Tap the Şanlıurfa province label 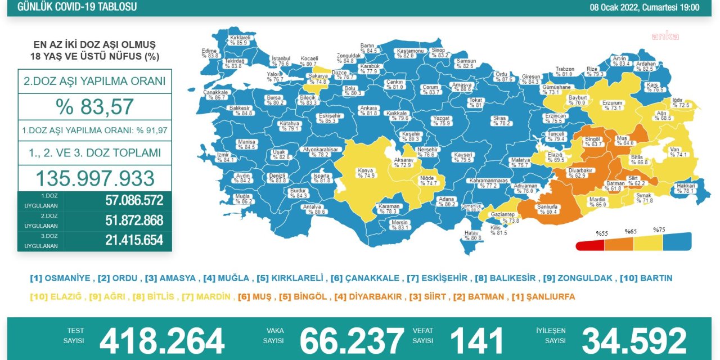tap(547, 209)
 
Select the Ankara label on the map tap(369, 110)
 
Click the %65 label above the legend tap(630, 231)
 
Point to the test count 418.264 tap(162, 341)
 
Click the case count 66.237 tap(352, 341)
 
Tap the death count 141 tap(476, 341)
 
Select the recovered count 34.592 tap(634, 341)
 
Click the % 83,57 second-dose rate tap(94, 106)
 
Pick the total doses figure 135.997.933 tap(94, 178)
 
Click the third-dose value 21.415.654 tap(134, 240)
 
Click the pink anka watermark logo tap(665, 37)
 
